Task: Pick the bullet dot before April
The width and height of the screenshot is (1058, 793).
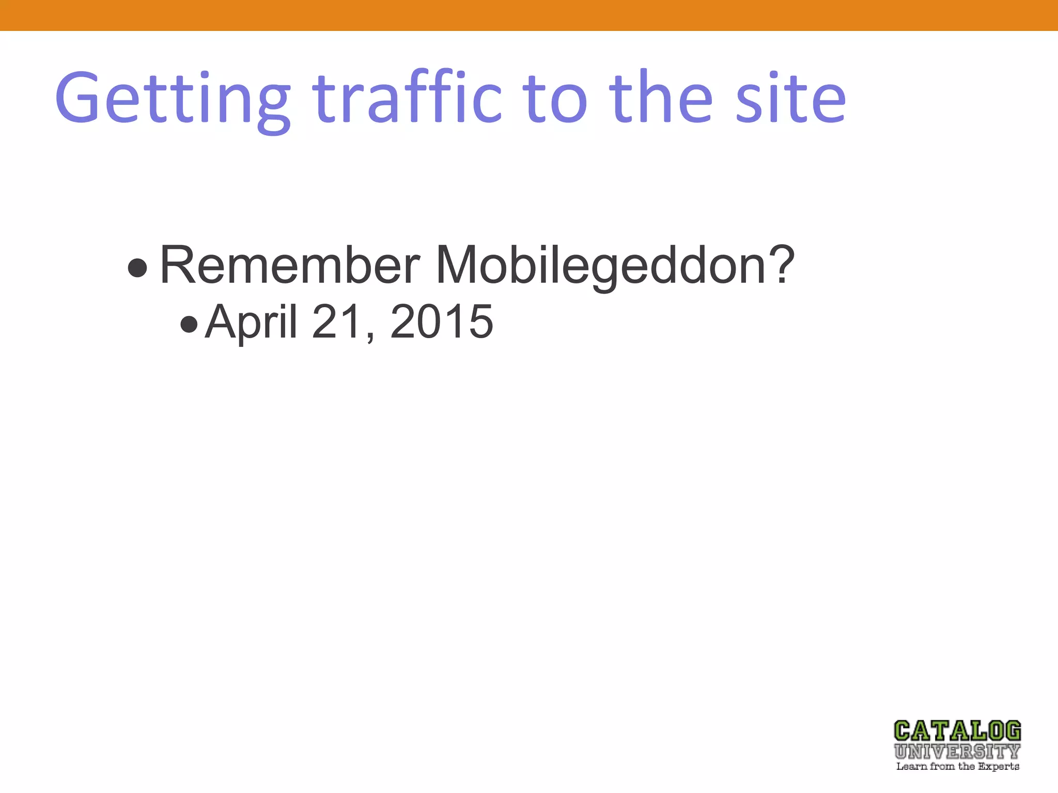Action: (x=189, y=324)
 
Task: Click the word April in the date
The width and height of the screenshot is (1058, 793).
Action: (x=251, y=322)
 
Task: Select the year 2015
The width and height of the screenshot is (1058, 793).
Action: (x=442, y=322)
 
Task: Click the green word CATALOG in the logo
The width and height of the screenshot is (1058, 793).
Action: (x=957, y=731)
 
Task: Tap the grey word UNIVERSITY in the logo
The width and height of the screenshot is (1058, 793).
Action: (x=957, y=752)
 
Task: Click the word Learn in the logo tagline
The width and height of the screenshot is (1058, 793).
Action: (x=911, y=766)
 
